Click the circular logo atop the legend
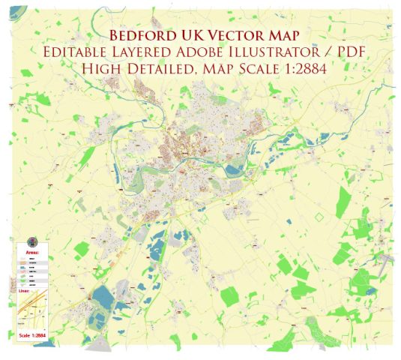31,241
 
